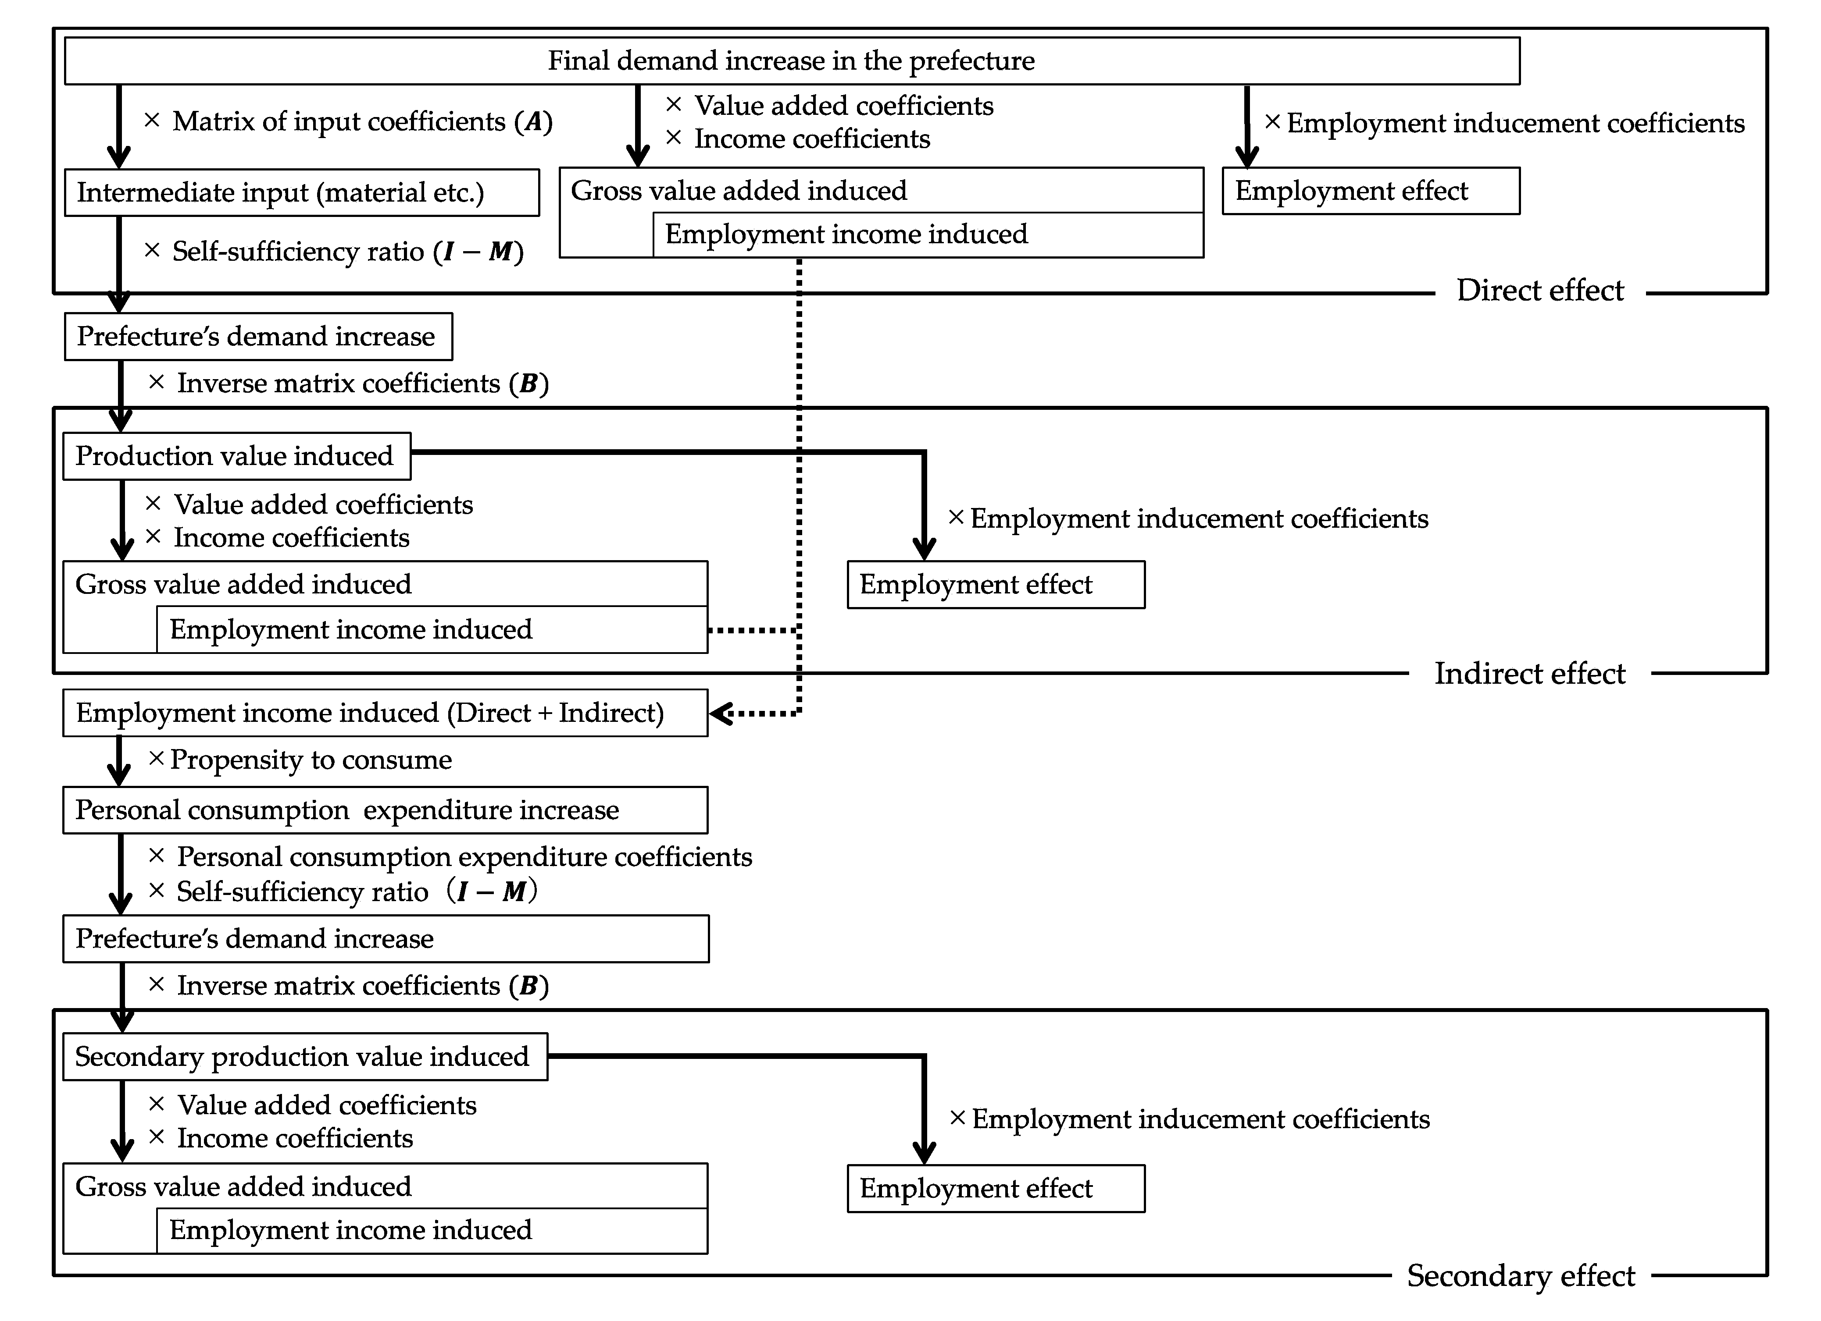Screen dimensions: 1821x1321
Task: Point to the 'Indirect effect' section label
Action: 1529,673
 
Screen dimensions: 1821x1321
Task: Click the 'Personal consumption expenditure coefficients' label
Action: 465,857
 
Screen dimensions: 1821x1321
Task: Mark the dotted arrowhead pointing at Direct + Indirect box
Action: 720,713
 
